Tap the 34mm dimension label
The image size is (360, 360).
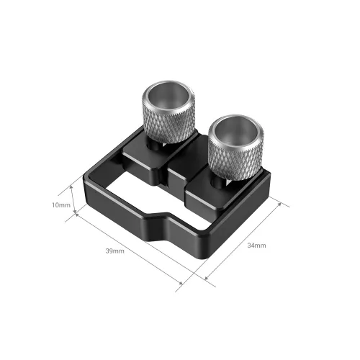(256, 246)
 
